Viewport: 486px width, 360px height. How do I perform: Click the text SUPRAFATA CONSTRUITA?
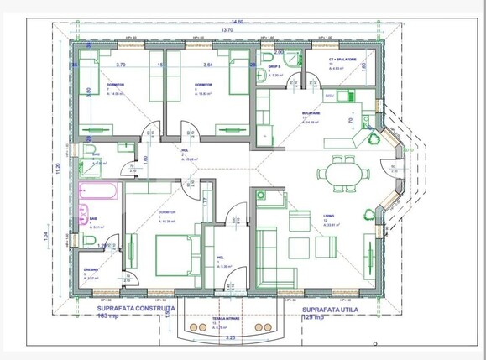click(x=130, y=308)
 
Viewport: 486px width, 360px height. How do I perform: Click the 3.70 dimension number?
click(x=120, y=64)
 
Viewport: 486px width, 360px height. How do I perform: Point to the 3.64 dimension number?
click(x=207, y=64)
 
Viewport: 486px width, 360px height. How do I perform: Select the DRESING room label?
click(x=91, y=270)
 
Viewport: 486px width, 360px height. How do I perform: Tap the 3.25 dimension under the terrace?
click(x=233, y=337)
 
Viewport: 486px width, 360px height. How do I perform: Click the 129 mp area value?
click(x=316, y=316)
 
